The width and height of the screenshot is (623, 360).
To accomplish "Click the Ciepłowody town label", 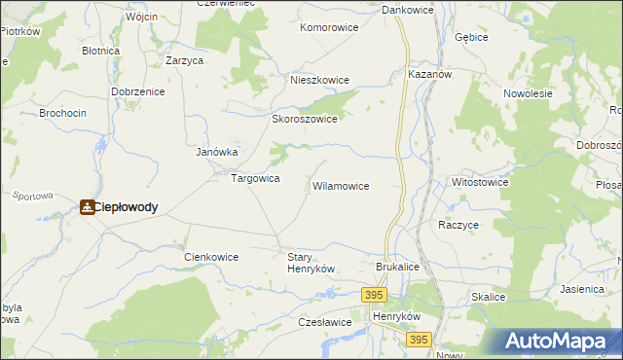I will [x=126, y=207].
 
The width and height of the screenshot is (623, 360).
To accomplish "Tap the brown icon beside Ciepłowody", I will [x=88, y=207].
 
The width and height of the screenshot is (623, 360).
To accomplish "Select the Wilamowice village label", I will [x=340, y=185].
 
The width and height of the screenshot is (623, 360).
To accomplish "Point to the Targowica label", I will [x=255, y=179].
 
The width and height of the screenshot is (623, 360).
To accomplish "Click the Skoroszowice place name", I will [x=304, y=120].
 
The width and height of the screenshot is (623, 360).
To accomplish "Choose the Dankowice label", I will [x=407, y=10].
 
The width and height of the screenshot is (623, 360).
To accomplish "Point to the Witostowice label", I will [x=480, y=182].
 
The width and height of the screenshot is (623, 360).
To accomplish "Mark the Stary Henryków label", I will [x=311, y=263].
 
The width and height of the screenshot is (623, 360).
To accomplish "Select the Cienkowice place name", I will [x=211, y=257].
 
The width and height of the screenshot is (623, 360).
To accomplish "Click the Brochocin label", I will [x=62, y=113].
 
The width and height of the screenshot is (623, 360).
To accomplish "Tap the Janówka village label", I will [x=217, y=152].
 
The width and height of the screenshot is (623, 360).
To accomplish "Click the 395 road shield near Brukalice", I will [x=374, y=293].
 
